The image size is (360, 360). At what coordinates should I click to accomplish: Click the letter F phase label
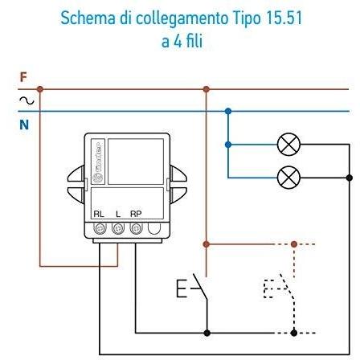[x=23, y=77]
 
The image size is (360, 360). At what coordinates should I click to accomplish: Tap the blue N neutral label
[x=24, y=125]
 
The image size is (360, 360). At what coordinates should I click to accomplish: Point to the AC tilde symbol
[x=27, y=100]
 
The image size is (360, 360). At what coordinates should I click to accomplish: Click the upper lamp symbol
[x=288, y=145]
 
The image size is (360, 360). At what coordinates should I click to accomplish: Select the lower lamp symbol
[x=288, y=178]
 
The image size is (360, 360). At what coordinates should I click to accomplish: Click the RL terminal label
[x=99, y=214]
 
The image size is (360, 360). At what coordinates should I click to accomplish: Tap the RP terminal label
[x=136, y=214]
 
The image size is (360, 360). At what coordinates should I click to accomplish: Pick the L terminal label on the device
[x=118, y=214]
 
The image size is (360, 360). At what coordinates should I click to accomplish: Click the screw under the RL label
[x=100, y=228]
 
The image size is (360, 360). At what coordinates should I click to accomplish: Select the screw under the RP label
[x=136, y=228]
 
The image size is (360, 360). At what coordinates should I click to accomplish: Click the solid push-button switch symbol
[x=192, y=288]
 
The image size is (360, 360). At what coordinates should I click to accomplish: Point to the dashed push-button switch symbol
[x=280, y=288]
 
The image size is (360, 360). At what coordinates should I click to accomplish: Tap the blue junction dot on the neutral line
[x=228, y=111]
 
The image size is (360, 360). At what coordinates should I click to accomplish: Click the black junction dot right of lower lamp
[x=350, y=178]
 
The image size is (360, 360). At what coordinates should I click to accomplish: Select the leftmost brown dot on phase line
[x=40, y=89]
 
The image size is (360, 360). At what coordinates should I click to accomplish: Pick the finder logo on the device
[x=98, y=162]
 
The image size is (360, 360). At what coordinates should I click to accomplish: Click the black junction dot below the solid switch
[x=207, y=333]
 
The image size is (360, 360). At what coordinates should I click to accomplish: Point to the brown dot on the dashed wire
[x=294, y=244]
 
